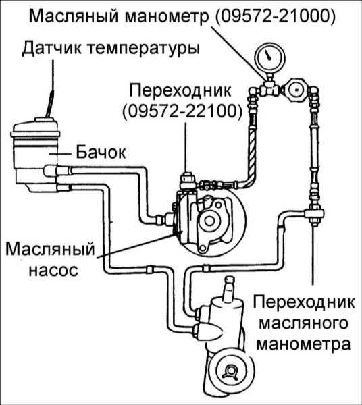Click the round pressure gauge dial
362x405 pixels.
(x=269, y=57)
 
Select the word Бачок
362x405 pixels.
(x=101, y=153)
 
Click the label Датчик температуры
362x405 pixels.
(x=111, y=49)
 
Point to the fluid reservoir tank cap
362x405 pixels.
(x=35, y=129)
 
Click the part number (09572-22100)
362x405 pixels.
(x=182, y=112)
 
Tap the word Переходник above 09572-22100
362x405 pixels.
(x=180, y=91)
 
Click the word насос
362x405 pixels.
(x=53, y=271)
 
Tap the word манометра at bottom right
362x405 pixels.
(x=304, y=344)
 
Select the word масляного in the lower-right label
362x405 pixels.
(x=304, y=323)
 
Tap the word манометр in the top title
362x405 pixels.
(x=167, y=17)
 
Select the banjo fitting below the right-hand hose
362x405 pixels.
(x=314, y=213)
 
